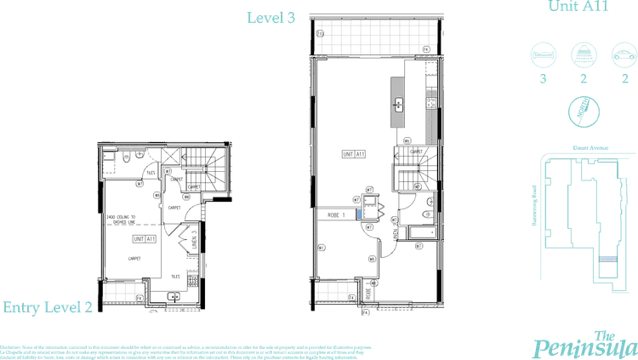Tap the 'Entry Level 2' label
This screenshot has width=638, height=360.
click(x=47, y=307)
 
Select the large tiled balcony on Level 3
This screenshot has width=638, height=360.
click(x=379, y=39)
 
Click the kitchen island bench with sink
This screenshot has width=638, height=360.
click(x=398, y=104)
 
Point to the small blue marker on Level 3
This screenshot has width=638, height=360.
click(x=361, y=213)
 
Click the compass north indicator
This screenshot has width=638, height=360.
click(x=584, y=109)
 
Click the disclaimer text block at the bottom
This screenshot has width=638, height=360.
click(x=187, y=349)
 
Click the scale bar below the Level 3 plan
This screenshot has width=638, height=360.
click(x=429, y=302)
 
